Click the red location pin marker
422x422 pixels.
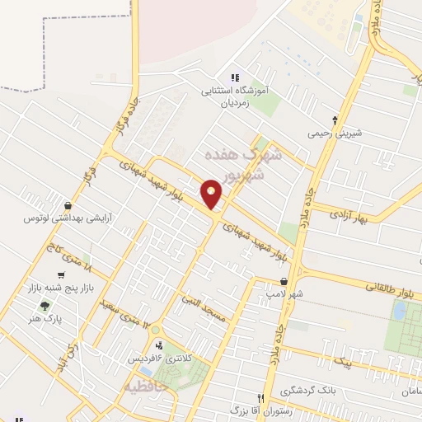[212, 194]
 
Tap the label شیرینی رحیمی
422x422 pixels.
[335, 132]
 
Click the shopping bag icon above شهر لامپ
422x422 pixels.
[284, 281]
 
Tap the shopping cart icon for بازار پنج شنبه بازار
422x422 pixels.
[61, 275]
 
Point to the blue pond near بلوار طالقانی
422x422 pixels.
[400, 311]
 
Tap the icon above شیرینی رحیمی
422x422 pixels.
[335, 120]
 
